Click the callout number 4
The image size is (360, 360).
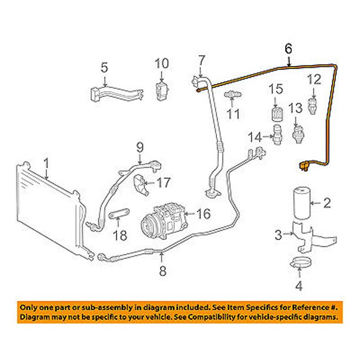pyautogui.click(x=299, y=287)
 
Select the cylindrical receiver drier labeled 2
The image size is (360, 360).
pyautogui.click(x=304, y=205)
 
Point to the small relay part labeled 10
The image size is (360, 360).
pyautogui.click(x=161, y=89)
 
